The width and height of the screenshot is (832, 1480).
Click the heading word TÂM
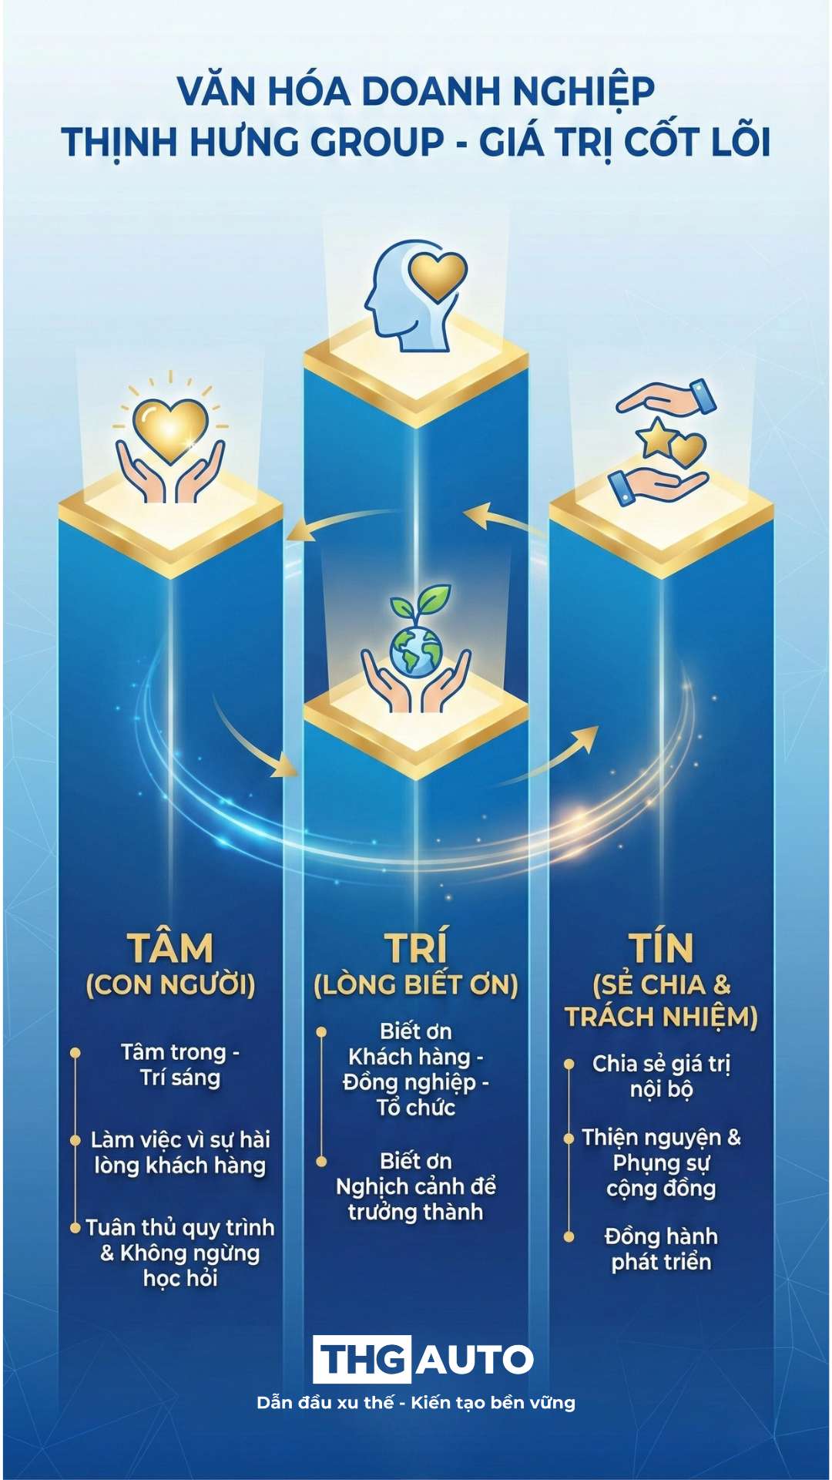point(170,948)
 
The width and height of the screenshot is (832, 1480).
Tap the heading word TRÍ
point(416,948)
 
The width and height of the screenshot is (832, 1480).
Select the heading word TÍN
point(661,948)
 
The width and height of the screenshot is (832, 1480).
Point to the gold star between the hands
point(656,438)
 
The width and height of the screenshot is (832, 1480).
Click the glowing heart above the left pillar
point(170,426)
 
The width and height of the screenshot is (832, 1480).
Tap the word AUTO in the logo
point(475,1359)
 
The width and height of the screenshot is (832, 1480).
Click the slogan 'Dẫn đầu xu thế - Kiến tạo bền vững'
point(416,1402)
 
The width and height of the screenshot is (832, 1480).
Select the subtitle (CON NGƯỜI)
point(170,985)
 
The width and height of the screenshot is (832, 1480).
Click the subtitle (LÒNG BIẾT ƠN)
point(416,985)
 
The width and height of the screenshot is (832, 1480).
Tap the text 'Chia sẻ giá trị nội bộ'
point(661,1076)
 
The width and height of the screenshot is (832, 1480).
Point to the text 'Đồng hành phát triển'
point(661,1249)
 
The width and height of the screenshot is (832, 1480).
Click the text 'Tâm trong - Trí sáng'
point(180,1065)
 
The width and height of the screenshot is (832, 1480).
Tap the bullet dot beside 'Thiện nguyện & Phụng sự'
point(569,1139)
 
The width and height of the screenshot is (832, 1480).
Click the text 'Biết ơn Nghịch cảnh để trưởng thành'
point(416,1186)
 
